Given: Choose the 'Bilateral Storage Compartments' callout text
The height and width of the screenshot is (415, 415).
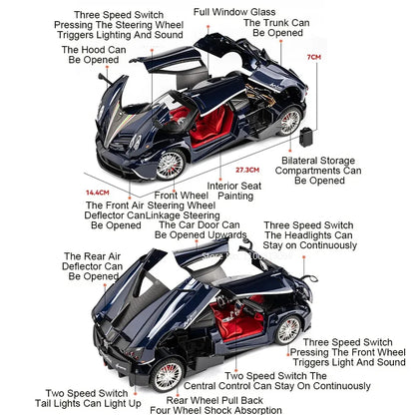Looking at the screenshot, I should [x=321, y=170].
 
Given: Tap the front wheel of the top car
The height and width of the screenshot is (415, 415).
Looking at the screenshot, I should [x=171, y=162].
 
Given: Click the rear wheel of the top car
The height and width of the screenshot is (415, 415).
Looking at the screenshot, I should [x=289, y=121].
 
